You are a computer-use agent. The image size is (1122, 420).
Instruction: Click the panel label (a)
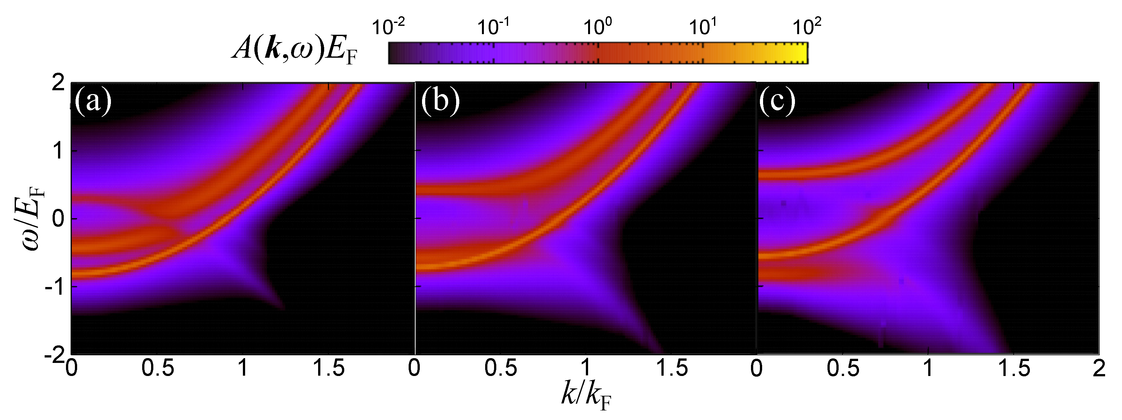click(93, 102)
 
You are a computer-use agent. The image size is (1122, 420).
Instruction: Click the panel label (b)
click(440, 102)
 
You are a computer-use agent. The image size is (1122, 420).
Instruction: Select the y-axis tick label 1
click(58, 151)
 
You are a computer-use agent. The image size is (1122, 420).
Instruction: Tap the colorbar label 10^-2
click(389, 27)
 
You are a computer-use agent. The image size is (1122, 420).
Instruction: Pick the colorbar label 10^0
click(598, 27)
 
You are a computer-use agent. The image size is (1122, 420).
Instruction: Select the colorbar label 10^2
click(807, 27)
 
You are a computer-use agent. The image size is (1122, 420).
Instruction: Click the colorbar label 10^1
click(703, 27)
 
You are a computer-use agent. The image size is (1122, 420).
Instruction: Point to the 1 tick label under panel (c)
click(928, 369)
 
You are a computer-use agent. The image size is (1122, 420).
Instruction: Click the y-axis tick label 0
click(58, 219)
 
